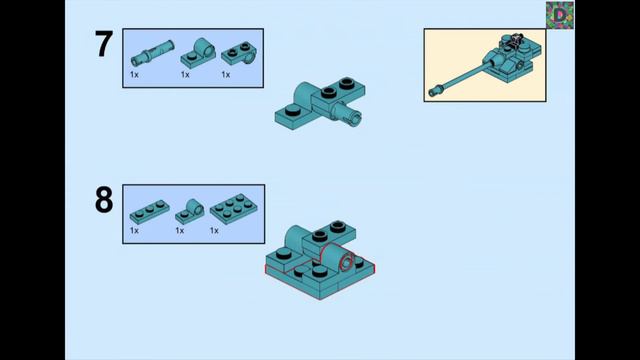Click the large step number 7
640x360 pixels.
click(104, 44)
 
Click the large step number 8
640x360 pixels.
click(104, 200)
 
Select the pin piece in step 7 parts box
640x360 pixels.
click(152, 53)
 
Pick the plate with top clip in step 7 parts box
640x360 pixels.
click(198, 52)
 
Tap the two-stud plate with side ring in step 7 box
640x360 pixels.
click(239, 53)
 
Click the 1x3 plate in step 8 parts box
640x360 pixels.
click(149, 211)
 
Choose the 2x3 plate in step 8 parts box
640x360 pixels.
click(234, 209)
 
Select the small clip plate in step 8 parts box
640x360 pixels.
click(190, 212)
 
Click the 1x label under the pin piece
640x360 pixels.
click(134, 75)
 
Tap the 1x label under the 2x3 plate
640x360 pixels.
click(214, 231)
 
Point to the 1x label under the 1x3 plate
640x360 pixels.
click(134, 231)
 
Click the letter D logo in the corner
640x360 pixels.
click(560, 15)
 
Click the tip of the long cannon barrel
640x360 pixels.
click(432, 93)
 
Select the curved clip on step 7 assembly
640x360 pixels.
click(303, 93)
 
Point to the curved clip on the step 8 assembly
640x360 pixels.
click(293, 237)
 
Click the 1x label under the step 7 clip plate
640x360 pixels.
click(185, 75)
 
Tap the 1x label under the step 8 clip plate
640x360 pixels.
click(180, 231)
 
